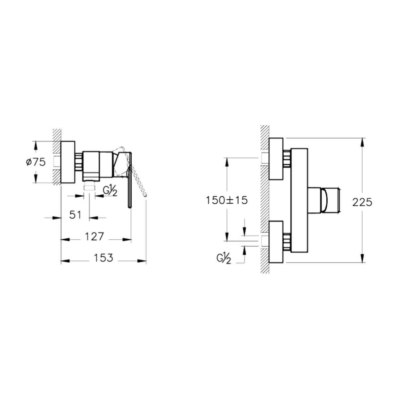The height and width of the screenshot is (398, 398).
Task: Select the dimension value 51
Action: [x=75, y=215]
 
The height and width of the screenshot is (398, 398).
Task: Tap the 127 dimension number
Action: [x=94, y=237]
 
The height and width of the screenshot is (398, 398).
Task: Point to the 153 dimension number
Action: [x=103, y=258]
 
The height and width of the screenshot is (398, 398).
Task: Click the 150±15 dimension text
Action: [x=227, y=200]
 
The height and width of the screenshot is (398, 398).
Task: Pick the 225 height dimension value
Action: [x=362, y=202]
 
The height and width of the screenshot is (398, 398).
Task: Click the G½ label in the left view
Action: [x=110, y=192]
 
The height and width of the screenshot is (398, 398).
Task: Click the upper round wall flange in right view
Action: [x=276, y=159]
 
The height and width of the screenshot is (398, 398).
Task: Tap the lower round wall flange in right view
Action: [x=276, y=242]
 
